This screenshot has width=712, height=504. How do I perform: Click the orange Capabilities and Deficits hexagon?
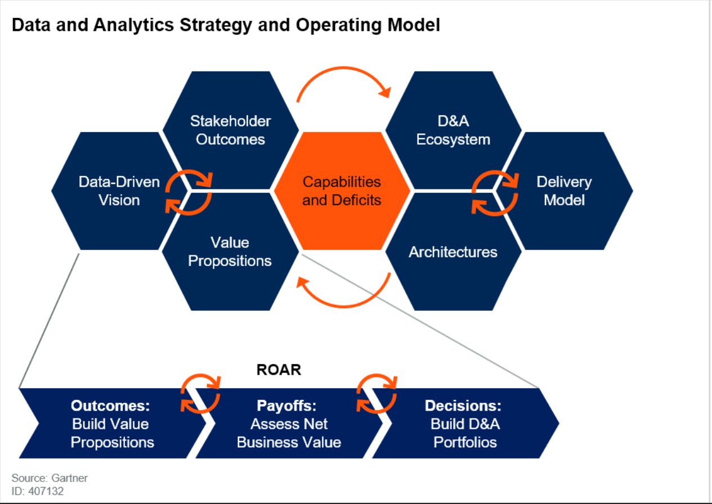[x=342, y=191]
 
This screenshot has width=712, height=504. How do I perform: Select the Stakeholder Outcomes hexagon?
[x=230, y=130]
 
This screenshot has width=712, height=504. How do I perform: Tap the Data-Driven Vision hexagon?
[x=113, y=191]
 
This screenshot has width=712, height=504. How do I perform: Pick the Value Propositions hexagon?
[x=230, y=251]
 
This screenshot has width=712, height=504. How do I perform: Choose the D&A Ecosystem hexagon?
[x=453, y=130]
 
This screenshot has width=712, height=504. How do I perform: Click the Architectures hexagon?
[x=453, y=251]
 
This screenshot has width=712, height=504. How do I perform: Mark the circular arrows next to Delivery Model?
[x=494, y=192]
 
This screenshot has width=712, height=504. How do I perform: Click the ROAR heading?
[x=279, y=370]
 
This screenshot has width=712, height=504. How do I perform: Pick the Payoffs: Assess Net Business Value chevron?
[x=289, y=424]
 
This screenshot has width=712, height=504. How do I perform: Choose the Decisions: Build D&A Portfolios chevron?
[x=465, y=424]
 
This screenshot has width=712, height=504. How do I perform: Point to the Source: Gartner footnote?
[x=50, y=478]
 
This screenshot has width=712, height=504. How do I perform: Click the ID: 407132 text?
[x=37, y=491]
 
